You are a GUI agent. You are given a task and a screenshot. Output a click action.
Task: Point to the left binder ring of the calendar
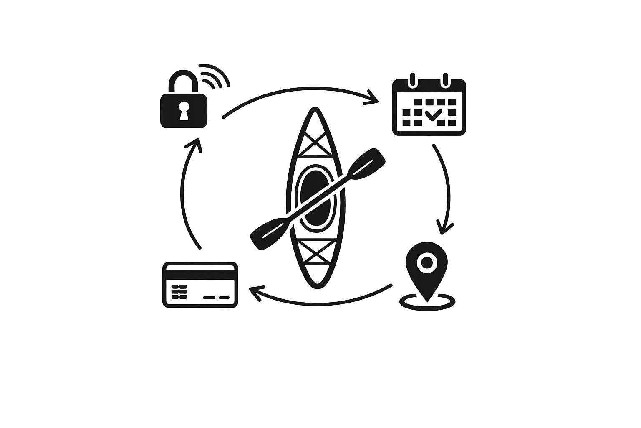413,79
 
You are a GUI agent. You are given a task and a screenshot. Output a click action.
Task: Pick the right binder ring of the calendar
445,79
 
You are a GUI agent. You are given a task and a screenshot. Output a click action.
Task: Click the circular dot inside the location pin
426,262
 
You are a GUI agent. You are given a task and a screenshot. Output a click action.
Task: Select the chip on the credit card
179,292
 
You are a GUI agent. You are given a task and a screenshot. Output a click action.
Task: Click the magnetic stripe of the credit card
200,275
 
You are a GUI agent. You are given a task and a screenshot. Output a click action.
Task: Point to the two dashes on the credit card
216,298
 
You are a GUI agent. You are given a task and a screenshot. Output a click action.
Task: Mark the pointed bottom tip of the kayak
316,286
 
